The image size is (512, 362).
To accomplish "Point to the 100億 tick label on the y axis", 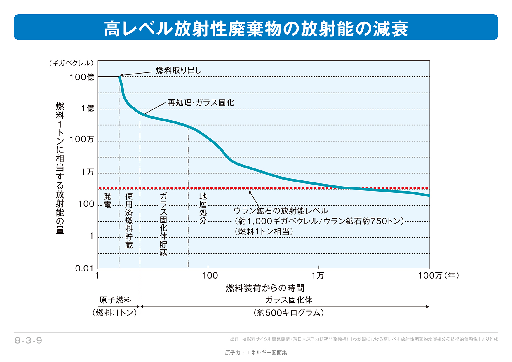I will pos(82,77).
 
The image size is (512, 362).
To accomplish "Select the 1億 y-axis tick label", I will pos(88,108).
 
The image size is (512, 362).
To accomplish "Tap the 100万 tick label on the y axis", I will pos(82,139).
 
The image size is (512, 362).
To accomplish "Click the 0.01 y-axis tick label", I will pos(84,268).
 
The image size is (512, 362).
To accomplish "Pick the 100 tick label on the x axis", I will pos(210,276).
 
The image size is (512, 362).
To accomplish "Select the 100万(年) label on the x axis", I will pos(438,276).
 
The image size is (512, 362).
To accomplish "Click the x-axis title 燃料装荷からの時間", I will pos(265,288).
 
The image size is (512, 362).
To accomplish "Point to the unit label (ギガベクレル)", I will pos(72,63).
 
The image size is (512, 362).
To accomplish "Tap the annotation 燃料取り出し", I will pos(179,70).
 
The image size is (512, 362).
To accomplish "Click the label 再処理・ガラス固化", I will pos(201,103).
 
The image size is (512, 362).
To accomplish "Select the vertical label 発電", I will pos(107,200).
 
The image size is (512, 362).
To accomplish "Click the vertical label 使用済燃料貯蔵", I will pos(129,220).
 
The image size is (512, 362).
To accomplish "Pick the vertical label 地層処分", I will pos(203,208).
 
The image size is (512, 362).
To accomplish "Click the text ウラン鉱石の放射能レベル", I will pos(281,211).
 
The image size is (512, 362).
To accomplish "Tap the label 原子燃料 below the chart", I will pos(115,300).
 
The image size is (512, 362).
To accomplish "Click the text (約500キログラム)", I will pos(288,313).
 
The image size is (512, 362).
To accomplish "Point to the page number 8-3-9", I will pos(28,340).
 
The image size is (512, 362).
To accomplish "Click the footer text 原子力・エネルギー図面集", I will pos(256,353).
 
